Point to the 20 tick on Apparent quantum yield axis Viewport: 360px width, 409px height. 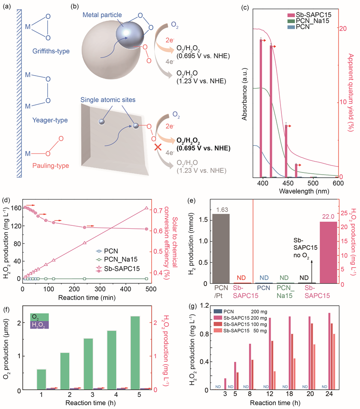click(342, 28)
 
